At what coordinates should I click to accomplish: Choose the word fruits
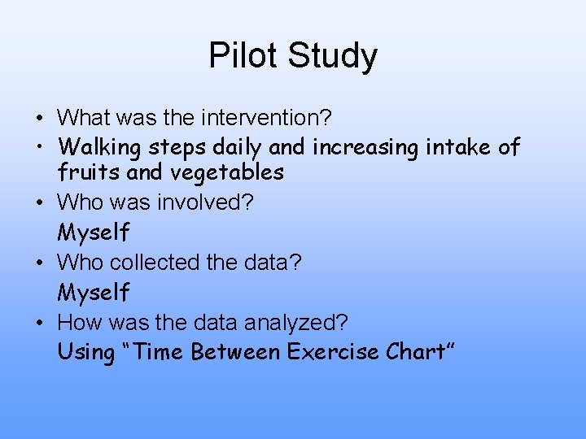84,172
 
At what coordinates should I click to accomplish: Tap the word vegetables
227,172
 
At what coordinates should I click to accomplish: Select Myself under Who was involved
93,233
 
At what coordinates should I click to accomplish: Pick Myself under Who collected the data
93,293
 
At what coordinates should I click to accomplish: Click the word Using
85,353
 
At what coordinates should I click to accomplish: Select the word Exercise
333,352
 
